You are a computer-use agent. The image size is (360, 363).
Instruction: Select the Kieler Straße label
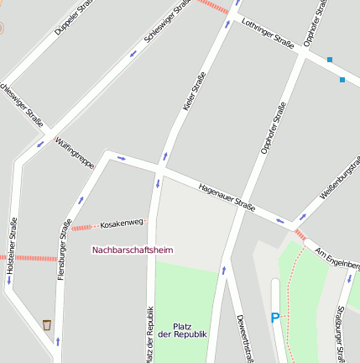pos(194,92)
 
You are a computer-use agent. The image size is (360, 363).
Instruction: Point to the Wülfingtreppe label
pos(75,154)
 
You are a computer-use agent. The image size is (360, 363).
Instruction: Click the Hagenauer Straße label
pos(227,198)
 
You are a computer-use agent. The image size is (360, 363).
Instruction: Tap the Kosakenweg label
pos(122,224)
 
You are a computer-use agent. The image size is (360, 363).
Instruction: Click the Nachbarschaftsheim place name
pos(133,249)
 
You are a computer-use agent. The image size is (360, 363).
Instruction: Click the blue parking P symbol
pos(274,318)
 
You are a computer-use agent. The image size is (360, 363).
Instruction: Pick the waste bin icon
pos(47,324)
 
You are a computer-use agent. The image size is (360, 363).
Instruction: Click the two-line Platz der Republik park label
pos(183,330)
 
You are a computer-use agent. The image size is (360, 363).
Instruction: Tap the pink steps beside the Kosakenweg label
pos(81,227)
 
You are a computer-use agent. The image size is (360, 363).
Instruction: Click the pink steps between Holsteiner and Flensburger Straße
pos(36,258)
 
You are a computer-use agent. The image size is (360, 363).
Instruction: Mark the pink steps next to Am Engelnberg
pos(300,234)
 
